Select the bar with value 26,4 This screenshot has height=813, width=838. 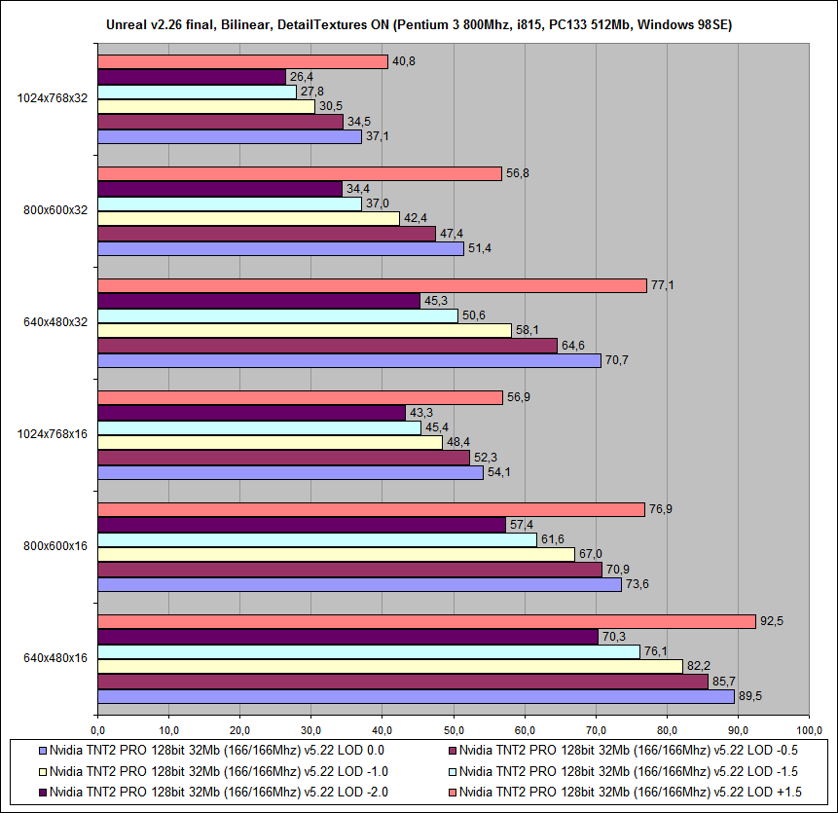[192, 77]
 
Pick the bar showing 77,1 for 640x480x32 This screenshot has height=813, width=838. [372, 285]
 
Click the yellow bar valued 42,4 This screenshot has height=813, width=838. [248, 219]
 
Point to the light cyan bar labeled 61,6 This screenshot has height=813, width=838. [316, 540]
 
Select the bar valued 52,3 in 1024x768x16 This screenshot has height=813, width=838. [283, 458]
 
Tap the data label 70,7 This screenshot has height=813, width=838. [618, 360]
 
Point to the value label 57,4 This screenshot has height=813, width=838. [523, 524]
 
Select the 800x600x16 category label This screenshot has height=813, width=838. [55, 546]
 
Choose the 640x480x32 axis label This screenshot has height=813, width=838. [55, 321]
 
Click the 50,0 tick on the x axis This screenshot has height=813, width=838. [453, 729]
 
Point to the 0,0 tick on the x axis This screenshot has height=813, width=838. [97, 729]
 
